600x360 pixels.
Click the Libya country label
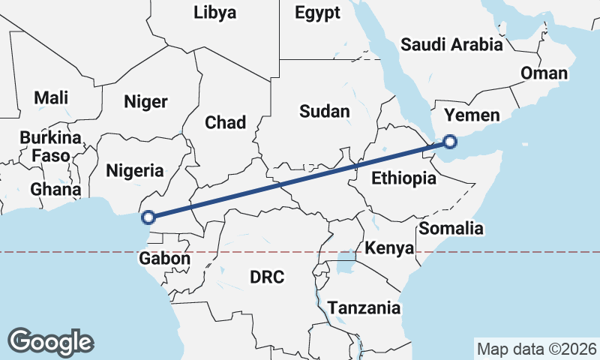214,13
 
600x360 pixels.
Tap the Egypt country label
317,13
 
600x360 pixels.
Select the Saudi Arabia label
451,44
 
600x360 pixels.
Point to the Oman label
544,73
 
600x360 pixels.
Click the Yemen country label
471,115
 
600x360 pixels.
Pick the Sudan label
324,112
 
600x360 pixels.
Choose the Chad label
225,122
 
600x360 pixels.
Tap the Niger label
145,102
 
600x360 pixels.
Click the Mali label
51,97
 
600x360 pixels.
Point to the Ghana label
55,189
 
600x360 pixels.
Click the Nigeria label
134,170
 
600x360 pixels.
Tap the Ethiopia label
403,178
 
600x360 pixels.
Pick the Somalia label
451,229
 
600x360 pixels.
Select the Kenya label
388,248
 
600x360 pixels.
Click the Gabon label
164,259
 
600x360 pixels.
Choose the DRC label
267,277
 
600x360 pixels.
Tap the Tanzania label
364,308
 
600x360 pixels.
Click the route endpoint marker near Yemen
449,141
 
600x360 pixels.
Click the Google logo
51,342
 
